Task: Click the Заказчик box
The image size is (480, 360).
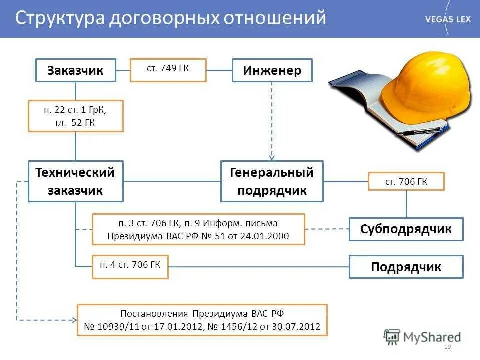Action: point(75,70)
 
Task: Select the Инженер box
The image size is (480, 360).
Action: point(272,70)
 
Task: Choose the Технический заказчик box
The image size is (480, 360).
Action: point(75,181)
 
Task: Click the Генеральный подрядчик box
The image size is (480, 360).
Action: point(272,181)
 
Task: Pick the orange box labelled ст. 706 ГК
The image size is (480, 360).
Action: point(406,181)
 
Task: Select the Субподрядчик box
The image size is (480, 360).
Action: point(406,229)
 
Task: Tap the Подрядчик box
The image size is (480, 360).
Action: point(406,267)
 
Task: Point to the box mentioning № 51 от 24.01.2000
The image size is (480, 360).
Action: point(198,229)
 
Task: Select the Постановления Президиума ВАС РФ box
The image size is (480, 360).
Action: point(202,320)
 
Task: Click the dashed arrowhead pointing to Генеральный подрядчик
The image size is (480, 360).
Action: point(272,156)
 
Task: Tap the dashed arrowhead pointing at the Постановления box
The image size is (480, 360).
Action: point(75,320)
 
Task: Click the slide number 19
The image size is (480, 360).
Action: point(447,347)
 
